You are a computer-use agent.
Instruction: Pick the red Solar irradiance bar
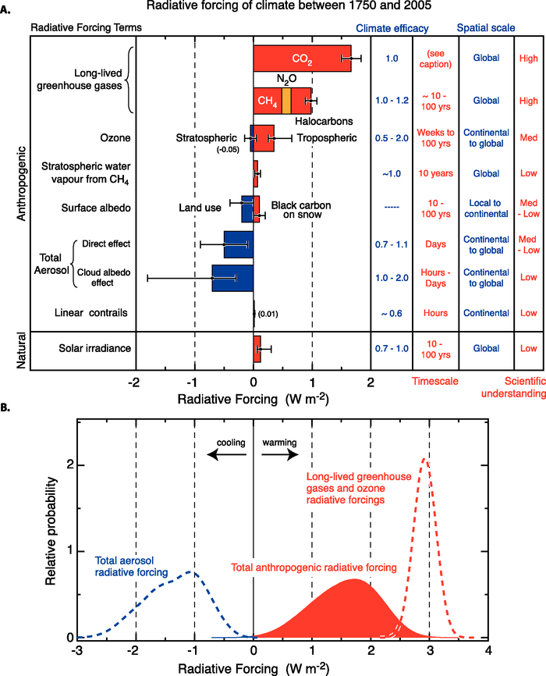pos(257,349)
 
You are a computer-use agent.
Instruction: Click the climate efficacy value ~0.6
pos(392,313)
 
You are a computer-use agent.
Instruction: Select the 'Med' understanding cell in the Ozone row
pos(528,138)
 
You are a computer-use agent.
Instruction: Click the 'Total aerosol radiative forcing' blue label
pos(135,565)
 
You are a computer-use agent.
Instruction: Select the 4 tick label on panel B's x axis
pos(488,649)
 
